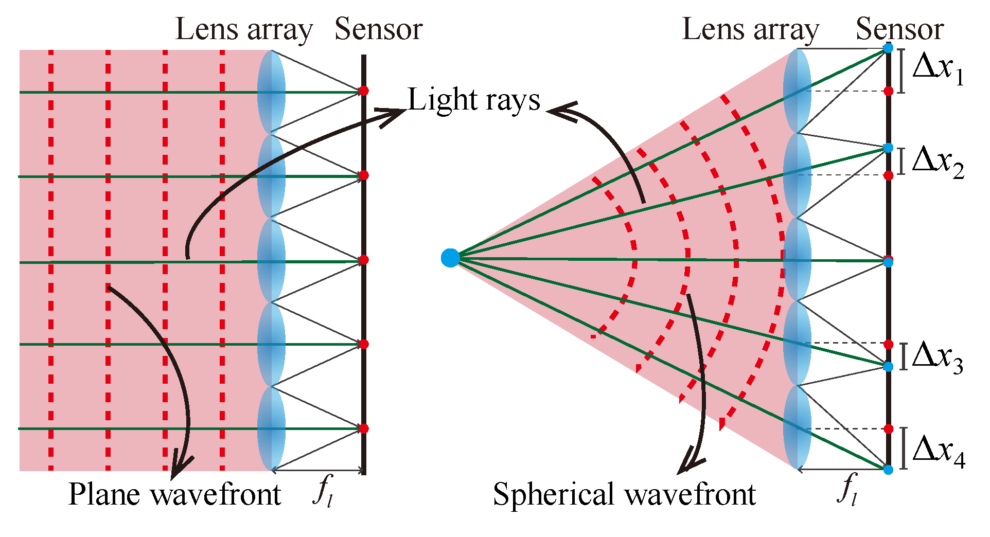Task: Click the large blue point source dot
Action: point(450,258)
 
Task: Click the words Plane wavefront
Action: point(174,495)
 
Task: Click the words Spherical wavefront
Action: point(624,495)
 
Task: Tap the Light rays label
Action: point(474,100)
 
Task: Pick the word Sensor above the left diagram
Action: point(378,29)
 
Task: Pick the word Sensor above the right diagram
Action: point(899,29)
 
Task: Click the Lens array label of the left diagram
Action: point(244,30)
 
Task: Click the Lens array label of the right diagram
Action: point(751,30)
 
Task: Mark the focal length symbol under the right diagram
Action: point(847,491)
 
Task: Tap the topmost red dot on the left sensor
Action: point(364,91)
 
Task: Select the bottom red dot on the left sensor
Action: point(364,428)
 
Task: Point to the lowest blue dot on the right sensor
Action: point(888,470)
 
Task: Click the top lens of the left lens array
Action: point(271,92)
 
